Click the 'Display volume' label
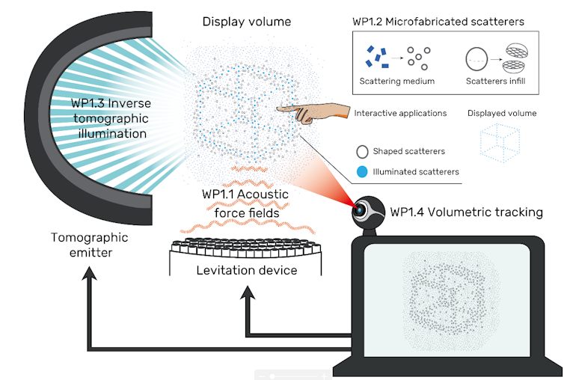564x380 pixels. (x=247, y=21)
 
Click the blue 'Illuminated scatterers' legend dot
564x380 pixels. (x=362, y=172)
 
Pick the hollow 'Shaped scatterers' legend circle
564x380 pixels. (x=362, y=152)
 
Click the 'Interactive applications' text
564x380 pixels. (x=400, y=114)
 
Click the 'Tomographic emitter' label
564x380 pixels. (x=90, y=245)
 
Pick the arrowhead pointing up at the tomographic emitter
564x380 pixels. (x=90, y=275)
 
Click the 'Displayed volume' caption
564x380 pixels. (x=502, y=114)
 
